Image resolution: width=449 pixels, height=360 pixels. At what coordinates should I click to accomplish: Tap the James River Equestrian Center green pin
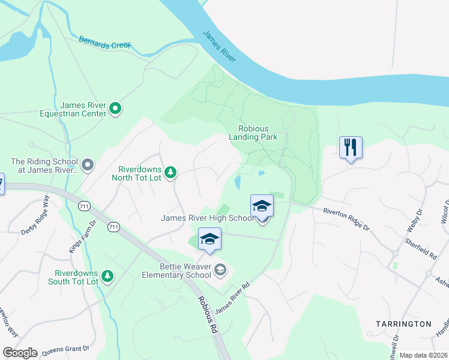tap(116, 109)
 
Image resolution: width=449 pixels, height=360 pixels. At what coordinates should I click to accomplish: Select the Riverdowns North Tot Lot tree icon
tap(170, 173)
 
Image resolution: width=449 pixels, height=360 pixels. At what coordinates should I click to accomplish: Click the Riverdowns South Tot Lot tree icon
tap(107, 275)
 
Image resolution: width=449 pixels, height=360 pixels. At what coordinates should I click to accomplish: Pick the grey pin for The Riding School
tap(88, 164)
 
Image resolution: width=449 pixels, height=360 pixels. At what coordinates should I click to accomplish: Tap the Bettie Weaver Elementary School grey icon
tap(221, 271)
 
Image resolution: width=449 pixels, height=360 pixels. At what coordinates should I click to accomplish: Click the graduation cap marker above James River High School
tap(262, 206)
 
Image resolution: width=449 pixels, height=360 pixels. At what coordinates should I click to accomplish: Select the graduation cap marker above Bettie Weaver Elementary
tap(209, 239)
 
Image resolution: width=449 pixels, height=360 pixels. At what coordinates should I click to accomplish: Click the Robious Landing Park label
tap(253, 132)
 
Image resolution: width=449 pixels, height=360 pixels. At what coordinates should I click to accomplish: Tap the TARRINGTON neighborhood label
tap(403, 324)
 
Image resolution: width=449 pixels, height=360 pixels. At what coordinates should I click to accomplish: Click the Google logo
tap(19, 353)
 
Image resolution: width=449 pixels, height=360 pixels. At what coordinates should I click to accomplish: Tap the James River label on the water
tap(219, 46)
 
